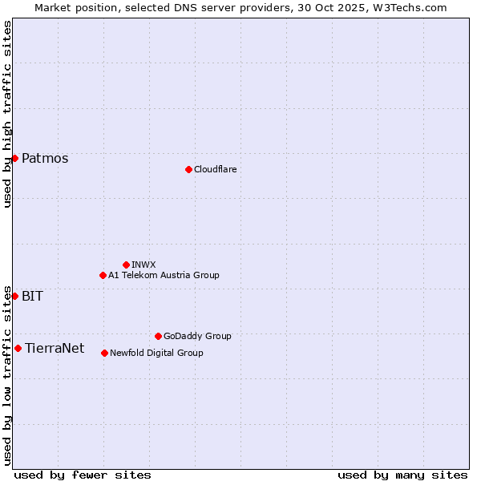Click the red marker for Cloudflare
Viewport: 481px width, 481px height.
[188, 169]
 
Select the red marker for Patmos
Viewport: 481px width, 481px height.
[14, 158]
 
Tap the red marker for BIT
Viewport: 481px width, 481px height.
[14, 296]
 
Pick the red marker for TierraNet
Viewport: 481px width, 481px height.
[18, 348]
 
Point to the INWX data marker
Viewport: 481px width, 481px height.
[126, 265]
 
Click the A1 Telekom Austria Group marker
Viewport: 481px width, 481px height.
[103, 275]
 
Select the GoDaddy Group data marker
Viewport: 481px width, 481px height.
[158, 336]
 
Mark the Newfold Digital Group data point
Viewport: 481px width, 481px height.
[104, 353]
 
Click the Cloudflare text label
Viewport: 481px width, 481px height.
[216, 169]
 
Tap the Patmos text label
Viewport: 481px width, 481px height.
[45, 158]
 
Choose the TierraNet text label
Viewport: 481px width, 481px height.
[55, 348]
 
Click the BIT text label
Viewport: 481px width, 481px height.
[32, 296]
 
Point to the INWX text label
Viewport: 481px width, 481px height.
[143, 265]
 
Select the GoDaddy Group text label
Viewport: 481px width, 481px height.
[197, 336]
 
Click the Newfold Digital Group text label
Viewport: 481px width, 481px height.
[156, 353]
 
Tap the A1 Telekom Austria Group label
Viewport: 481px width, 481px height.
[164, 275]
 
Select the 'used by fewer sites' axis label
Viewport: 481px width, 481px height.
[83, 475]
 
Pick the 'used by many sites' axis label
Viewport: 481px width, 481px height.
[402, 475]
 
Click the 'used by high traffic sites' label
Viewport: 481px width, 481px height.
[7, 114]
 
